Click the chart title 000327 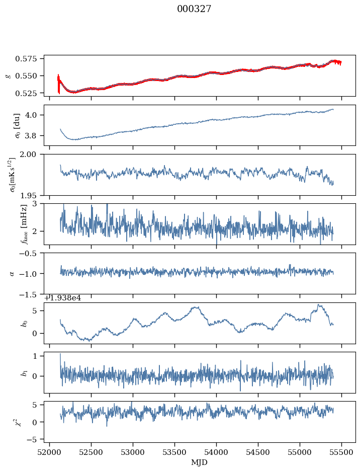194,9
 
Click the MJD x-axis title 200,462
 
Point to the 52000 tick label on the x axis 49,453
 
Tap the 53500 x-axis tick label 175,453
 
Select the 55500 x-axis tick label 342,453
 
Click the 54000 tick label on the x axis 217,453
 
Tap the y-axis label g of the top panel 8,75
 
